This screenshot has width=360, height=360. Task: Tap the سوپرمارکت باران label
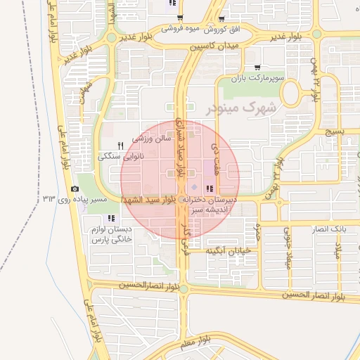pyautogui.click(x=260, y=79)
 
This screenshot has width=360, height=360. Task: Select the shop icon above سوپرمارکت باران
pyautogui.click(x=266, y=68)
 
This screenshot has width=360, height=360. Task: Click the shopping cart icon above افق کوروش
pyautogui.click(x=222, y=19)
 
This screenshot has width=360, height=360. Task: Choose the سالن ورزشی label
pyautogui.click(x=153, y=140)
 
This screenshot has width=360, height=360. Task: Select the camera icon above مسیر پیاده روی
pyautogui.click(x=75, y=188)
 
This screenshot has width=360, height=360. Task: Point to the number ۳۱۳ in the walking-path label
pyautogui.click(x=49, y=200)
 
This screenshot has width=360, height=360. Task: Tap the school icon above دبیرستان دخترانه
pyautogui.click(x=210, y=188)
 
